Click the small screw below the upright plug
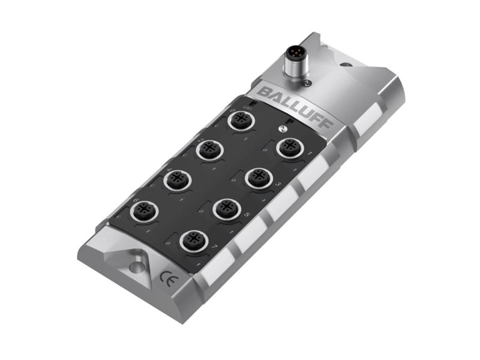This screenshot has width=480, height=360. pyautogui.click(x=305, y=83)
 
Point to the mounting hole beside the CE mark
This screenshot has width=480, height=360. pyautogui.click(x=137, y=266)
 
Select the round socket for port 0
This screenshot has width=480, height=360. pyautogui.click(x=243, y=122)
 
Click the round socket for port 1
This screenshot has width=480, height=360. pyautogui.click(x=288, y=147)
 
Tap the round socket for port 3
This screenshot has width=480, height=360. pyautogui.click(x=259, y=177)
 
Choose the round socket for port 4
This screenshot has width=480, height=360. pyautogui.click(x=177, y=179)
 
